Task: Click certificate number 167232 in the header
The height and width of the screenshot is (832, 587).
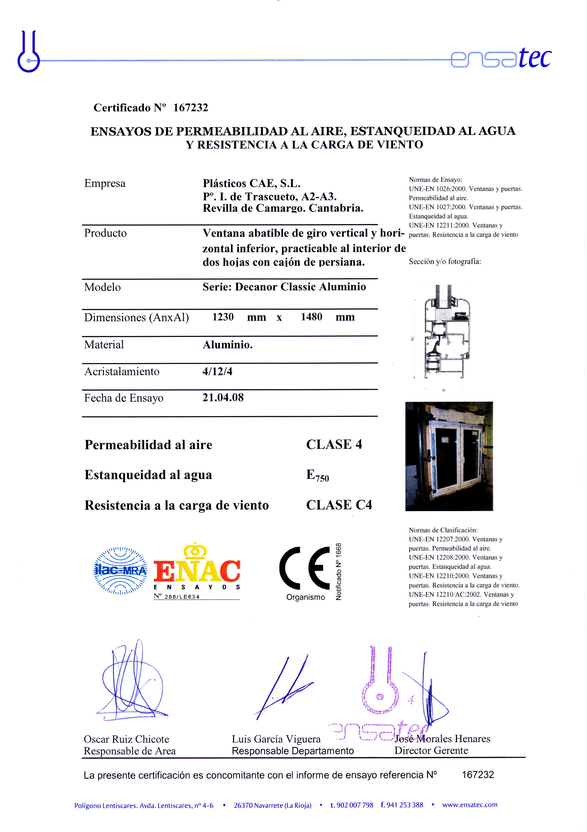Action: point(190,108)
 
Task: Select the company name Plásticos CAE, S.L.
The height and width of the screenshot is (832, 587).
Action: point(251,183)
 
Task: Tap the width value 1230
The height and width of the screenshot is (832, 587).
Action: point(223,317)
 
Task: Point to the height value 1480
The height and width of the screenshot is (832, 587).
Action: point(311,317)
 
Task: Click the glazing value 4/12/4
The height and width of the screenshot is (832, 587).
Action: point(217,371)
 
